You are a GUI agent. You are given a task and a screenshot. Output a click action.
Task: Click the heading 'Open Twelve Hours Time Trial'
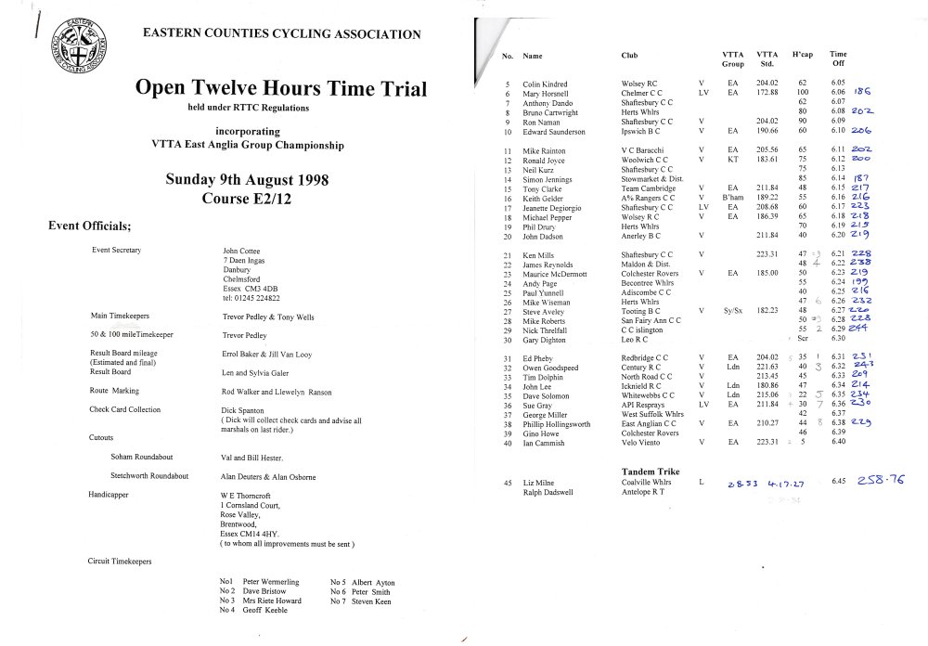click(x=281, y=89)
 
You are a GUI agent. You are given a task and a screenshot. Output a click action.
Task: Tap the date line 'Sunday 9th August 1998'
click(x=246, y=179)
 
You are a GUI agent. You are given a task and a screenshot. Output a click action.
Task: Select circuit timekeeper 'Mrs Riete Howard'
click(x=272, y=601)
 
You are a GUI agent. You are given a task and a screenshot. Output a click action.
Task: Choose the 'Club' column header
click(x=629, y=56)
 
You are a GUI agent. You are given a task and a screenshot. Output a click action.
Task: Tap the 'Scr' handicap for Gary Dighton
click(x=803, y=340)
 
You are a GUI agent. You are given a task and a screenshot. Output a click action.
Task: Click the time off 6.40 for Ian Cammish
click(x=839, y=442)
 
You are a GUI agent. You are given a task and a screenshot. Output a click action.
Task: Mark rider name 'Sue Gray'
click(x=539, y=405)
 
